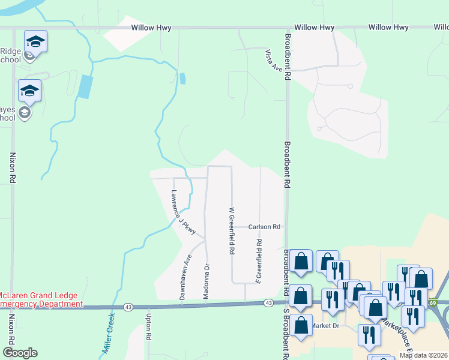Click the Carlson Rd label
point(265,227)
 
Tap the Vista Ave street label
point(274,61)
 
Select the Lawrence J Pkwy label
point(183,212)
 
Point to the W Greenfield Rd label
point(231,231)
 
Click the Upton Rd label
point(148,325)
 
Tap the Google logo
point(20,353)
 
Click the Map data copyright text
point(423,355)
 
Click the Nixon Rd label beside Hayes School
point(12,167)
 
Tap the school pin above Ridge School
point(35,42)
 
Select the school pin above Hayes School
point(29,91)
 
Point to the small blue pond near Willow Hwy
point(182,78)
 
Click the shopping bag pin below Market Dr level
point(301,326)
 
